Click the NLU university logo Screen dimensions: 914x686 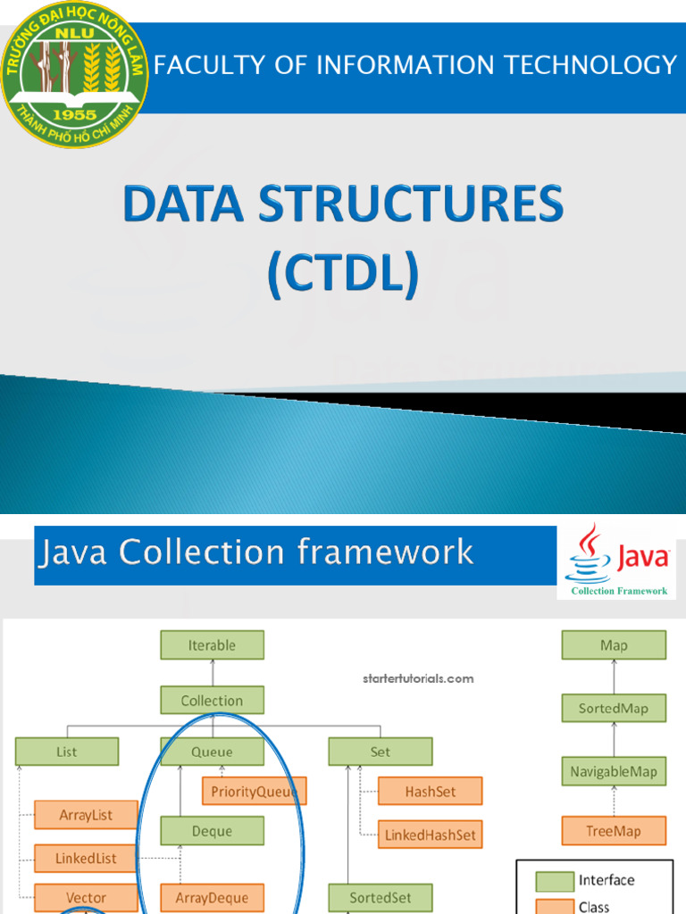pos(73,75)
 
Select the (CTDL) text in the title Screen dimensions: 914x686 pos(343,274)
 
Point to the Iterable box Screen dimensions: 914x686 pos(212,645)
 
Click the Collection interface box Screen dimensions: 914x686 pos(212,701)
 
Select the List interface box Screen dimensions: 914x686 pos(67,752)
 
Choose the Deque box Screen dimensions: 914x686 pos(212,831)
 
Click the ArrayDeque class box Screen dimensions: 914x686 pos(212,898)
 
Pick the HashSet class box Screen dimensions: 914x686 pos(430,791)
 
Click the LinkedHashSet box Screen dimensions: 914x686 pos(430,835)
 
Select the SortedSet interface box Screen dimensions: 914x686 pos(380,898)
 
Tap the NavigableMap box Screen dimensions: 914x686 pos(614,771)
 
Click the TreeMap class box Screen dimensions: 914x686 pos(614,831)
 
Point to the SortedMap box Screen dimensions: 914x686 pos(614,709)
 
